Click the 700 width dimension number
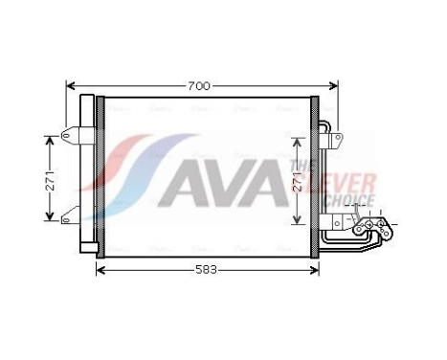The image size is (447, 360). pos(197,86)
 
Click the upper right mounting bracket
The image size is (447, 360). pos(333,139)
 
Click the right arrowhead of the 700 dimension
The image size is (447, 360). pos(328,86)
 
